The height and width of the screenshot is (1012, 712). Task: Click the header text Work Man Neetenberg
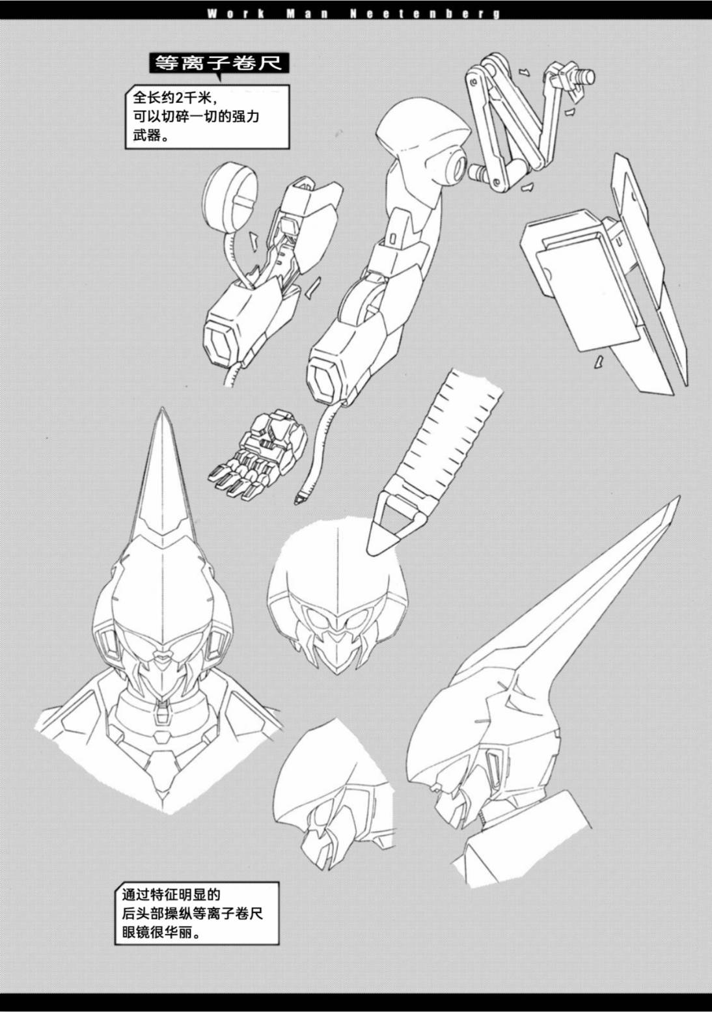(x=354, y=14)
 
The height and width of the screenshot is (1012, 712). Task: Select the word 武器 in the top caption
(x=147, y=135)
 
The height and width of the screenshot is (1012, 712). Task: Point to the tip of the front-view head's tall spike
(x=162, y=409)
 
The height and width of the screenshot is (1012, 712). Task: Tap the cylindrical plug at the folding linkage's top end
(x=584, y=76)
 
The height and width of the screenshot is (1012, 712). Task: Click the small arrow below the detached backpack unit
(x=599, y=361)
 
